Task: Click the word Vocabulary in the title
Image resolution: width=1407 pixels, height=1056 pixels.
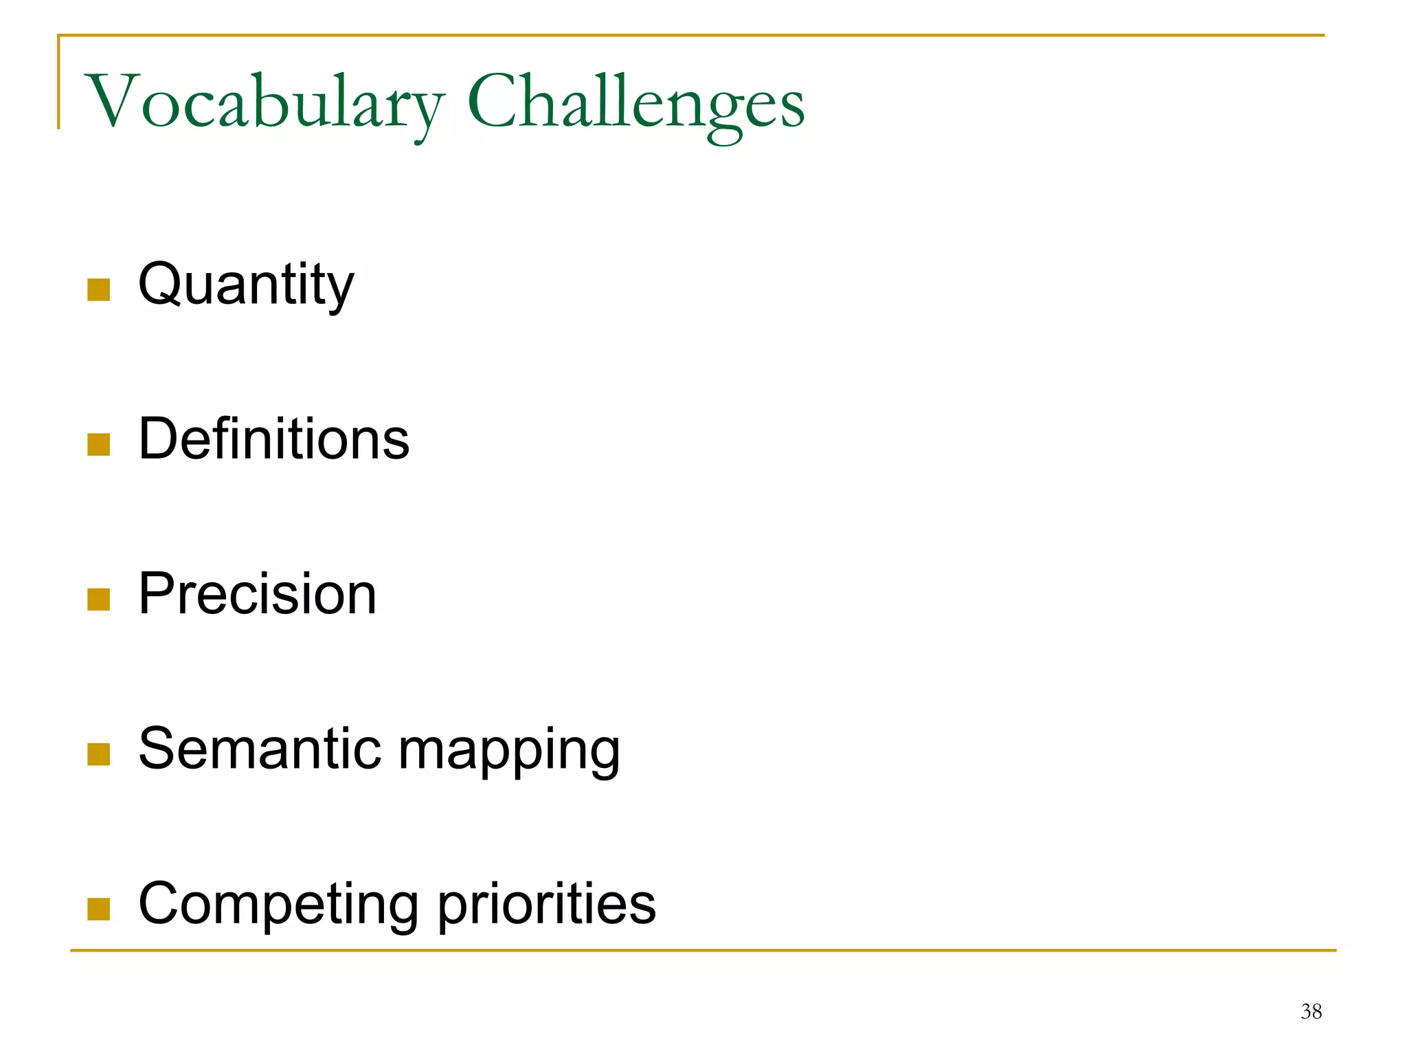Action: (264, 103)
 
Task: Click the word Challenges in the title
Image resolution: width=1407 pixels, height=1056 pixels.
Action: (635, 103)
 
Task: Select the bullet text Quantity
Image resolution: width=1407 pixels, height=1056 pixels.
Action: (246, 285)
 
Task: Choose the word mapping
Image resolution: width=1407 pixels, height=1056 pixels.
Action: (509, 751)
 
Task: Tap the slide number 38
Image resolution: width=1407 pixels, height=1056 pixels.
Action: (1311, 1011)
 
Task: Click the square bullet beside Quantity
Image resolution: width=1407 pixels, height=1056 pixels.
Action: (99, 290)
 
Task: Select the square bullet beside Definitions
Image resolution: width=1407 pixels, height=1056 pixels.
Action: (99, 445)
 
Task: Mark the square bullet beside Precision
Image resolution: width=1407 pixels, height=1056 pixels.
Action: (99, 599)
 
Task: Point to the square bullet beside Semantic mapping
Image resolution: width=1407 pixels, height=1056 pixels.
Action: (99, 754)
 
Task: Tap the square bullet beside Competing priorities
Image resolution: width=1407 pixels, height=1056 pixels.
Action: (99, 909)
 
